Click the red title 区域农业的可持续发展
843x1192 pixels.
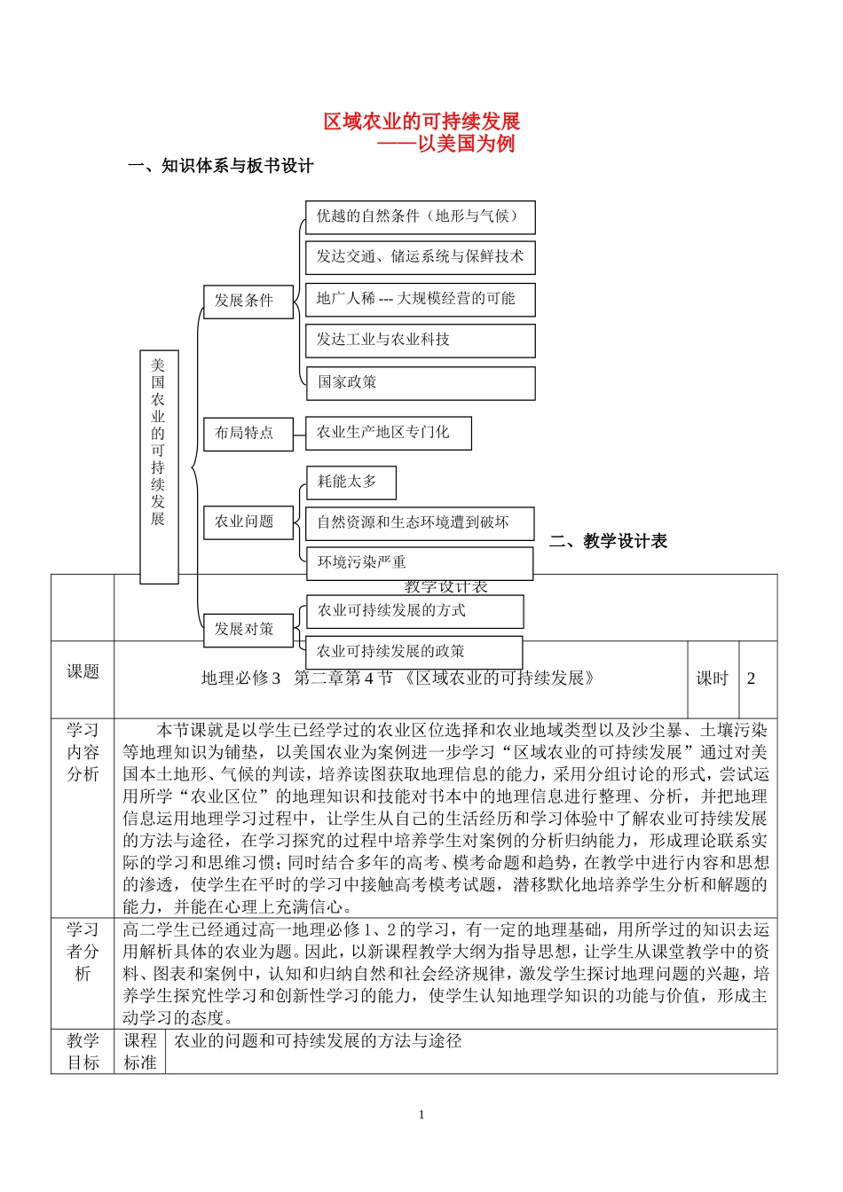tap(421, 122)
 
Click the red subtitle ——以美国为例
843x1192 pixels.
tap(445, 144)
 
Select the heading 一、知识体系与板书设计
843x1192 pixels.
tap(221, 166)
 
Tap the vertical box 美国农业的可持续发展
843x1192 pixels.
tap(159, 466)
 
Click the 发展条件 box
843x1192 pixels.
tap(248, 301)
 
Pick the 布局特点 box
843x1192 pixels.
tap(248, 433)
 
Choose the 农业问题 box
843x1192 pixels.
tap(248, 521)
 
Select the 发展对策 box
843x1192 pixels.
tap(248, 629)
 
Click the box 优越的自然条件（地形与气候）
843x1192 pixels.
tap(420, 216)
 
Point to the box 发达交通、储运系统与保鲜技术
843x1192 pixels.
tap(420, 257)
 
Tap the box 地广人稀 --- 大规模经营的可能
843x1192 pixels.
tap(420, 299)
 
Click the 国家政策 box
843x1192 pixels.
tap(420, 382)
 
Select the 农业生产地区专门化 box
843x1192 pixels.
tap(388, 433)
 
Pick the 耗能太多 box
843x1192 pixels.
tap(351, 482)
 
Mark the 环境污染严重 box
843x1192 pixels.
tap(419, 562)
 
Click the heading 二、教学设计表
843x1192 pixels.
tap(609, 541)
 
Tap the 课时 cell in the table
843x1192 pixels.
tap(712, 678)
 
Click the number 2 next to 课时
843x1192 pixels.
tap(751, 678)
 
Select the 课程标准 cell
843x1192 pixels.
tap(139, 1051)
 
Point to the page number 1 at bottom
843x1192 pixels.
tap(421, 1115)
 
